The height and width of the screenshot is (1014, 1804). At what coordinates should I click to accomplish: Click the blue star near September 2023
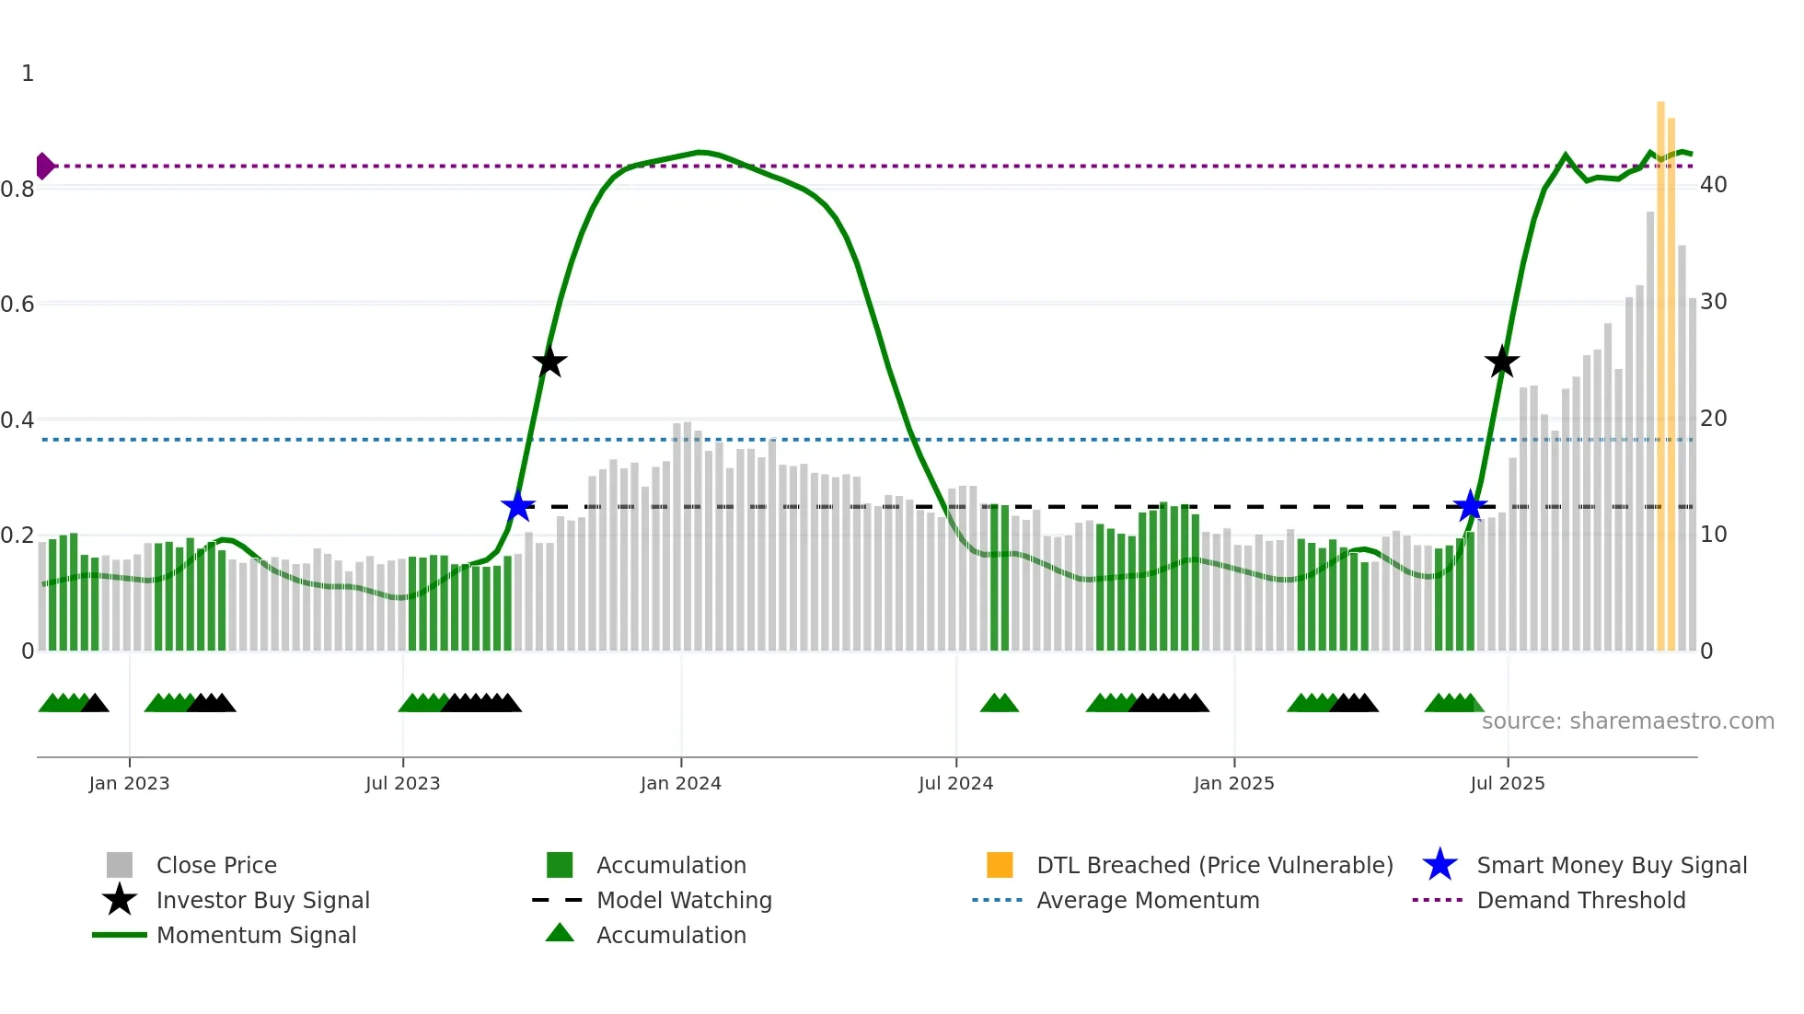[x=518, y=506]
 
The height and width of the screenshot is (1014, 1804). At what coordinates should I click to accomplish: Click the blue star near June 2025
[x=1470, y=506]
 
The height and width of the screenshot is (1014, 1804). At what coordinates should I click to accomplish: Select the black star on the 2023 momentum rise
[x=549, y=363]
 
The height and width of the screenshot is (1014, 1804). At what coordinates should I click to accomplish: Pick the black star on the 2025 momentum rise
[x=1501, y=363]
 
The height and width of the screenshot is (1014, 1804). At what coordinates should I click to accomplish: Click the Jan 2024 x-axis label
[x=680, y=784]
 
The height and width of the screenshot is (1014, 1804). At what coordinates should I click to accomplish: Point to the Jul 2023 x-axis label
[x=402, y=784]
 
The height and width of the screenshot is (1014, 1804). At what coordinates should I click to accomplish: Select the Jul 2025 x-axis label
[x=1507, y=784]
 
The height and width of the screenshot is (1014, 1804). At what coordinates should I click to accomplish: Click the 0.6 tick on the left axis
[x=17, y=305]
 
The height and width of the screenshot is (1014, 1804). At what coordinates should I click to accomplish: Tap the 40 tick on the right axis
[x=1713, y=185]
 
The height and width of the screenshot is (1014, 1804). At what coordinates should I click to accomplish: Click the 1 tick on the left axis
[x=28, y=74]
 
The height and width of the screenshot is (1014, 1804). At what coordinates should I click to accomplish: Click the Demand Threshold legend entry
[x=1580, y=901]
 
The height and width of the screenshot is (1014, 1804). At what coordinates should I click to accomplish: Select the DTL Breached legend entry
[x=1214, y=866]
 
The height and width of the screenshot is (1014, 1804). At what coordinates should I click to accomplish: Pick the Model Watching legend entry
[x=684, y=901]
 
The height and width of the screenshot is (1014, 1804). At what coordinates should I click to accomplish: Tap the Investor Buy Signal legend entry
[x=262, y=901]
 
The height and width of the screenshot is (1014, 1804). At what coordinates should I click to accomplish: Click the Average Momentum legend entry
[x=1147, y=901]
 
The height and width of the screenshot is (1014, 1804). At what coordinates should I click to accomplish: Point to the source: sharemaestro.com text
[x=1627, y=721]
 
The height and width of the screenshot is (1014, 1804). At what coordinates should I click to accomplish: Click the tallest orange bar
[x=1660, y=377]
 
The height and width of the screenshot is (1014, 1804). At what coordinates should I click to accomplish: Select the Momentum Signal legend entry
[x=256, y=936]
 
